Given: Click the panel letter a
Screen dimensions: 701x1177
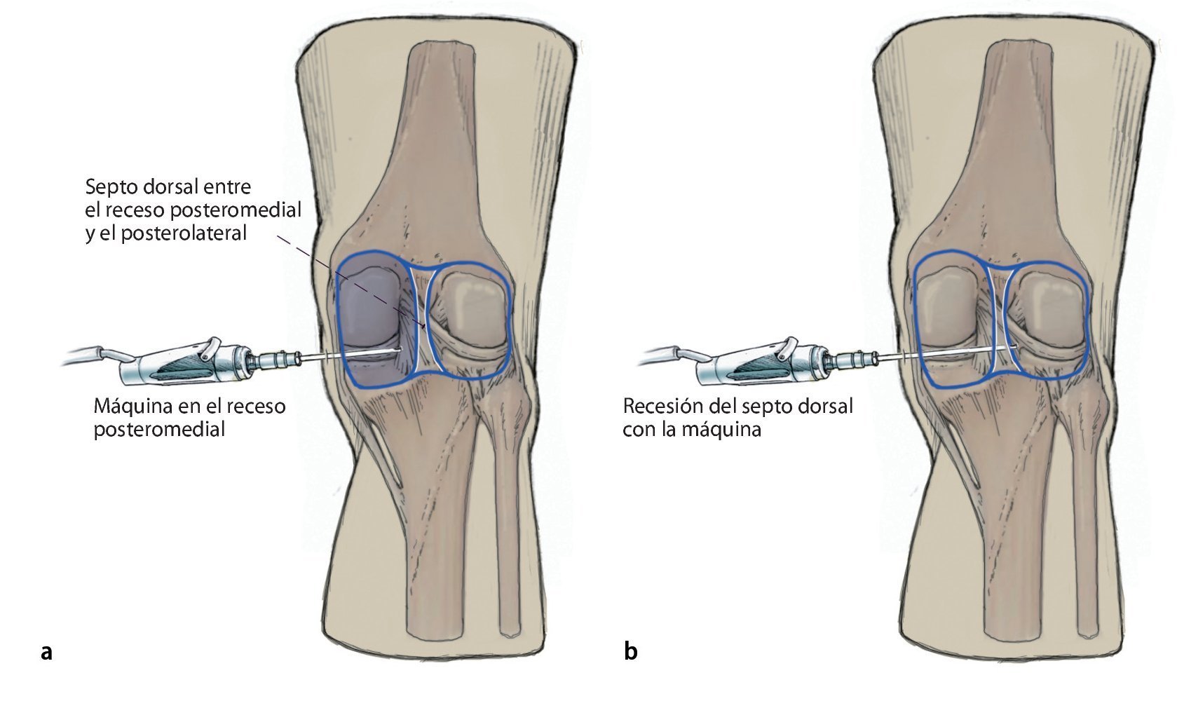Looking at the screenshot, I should point(46,651).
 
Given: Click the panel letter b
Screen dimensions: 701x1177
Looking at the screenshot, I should point(630,651).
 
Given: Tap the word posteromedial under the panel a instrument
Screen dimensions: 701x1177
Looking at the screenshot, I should point(159,429).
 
